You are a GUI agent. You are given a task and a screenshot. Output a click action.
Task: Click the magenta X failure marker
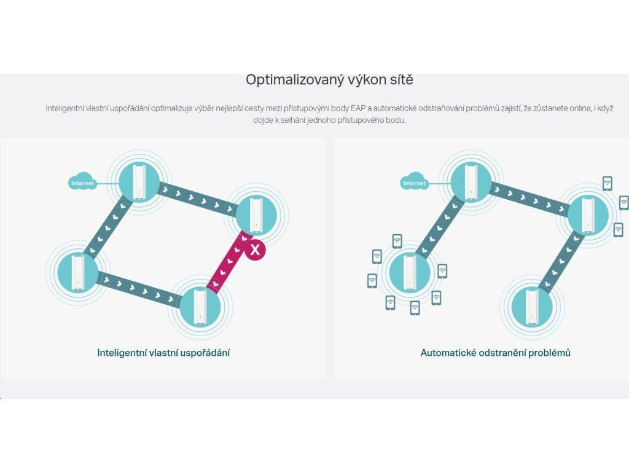255,250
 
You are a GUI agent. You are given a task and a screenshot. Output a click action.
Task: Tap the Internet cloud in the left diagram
82,182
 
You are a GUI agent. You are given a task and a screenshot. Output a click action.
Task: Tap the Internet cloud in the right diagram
414,182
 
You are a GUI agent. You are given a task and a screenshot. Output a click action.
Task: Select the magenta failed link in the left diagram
227,262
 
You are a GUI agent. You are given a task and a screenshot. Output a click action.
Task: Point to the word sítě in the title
400,79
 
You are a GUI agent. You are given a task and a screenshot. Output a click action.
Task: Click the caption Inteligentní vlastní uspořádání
163,353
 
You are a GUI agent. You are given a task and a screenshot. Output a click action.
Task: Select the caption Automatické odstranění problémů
496,353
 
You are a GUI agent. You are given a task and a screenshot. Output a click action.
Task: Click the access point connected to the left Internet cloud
139,181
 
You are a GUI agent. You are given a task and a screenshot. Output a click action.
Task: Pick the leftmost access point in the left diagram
77,272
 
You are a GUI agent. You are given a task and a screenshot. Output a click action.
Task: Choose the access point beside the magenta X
256,214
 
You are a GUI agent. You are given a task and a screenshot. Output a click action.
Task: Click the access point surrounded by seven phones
410,272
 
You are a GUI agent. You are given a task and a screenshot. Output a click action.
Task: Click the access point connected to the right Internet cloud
471,181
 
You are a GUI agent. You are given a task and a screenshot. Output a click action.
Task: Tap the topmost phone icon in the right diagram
608,183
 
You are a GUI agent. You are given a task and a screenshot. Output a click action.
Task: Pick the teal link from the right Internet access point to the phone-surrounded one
440,227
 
